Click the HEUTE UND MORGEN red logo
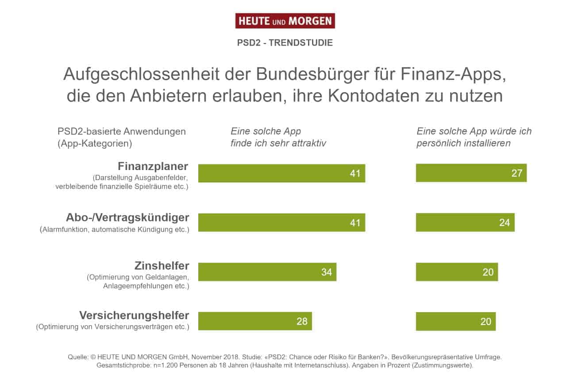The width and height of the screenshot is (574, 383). click(x=285, y=21)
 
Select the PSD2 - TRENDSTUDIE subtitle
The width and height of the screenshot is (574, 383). click(x=285, y=43)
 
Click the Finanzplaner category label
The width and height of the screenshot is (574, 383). click(x=153, y=166)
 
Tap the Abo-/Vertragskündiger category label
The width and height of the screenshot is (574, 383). click(x=127, y=217)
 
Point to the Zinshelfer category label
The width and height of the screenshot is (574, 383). click(x=162, y=266)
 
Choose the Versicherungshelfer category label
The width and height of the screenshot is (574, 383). click(x=134, y=315)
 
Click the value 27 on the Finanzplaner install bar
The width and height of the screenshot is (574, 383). click(x=516, y=173)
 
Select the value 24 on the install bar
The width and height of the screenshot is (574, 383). click(x=505, y=223)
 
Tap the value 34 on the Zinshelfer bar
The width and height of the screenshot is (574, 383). click(x=326, y=272)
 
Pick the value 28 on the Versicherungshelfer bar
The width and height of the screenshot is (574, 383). click(x=302, y=321)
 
